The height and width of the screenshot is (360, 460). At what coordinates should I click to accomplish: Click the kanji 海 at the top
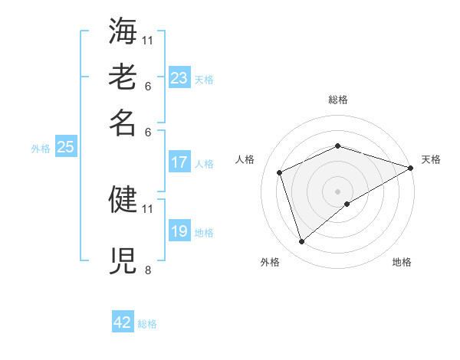(123, 31)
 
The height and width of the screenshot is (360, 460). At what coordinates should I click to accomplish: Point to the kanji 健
(123, 200)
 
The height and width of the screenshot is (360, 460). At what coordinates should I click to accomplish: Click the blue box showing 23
(179, 77)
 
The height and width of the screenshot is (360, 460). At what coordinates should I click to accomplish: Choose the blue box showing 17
(179, 162)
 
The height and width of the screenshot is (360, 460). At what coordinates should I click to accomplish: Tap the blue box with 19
(179, 231)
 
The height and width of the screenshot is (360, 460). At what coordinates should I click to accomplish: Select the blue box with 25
(65, 147)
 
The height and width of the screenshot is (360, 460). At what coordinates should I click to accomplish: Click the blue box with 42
(123, 322)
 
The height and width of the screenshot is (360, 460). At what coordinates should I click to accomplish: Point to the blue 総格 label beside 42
(147, 324)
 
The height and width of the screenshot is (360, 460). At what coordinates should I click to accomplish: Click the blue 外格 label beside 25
(40, 149)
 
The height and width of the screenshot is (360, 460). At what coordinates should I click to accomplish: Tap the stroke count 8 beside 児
(147, 269)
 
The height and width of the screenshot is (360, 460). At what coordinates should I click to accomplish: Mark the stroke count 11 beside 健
(147, 208)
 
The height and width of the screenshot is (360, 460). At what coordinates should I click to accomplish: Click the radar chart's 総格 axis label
(337, 100)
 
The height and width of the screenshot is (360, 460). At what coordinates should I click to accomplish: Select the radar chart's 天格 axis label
(431, 159)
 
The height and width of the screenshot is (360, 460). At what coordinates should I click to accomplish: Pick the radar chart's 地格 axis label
(402, 262)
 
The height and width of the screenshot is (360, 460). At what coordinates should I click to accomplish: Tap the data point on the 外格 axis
(302, 242)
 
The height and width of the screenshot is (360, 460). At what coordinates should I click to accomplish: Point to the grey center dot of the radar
(337, 191)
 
